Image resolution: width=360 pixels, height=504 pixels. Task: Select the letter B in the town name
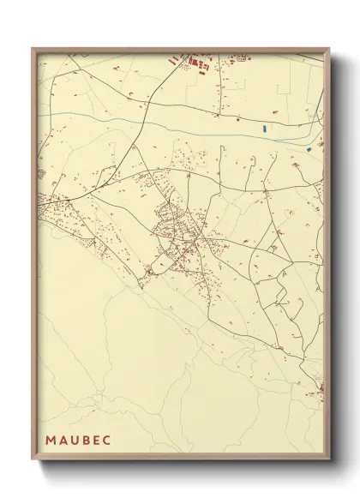tap(85, 440)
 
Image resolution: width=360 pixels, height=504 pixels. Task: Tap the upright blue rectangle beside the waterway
tap(265, 129)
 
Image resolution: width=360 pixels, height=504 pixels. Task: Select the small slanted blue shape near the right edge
tap(307, 148)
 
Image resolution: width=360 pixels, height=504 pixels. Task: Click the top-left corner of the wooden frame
tap(33, 48)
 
